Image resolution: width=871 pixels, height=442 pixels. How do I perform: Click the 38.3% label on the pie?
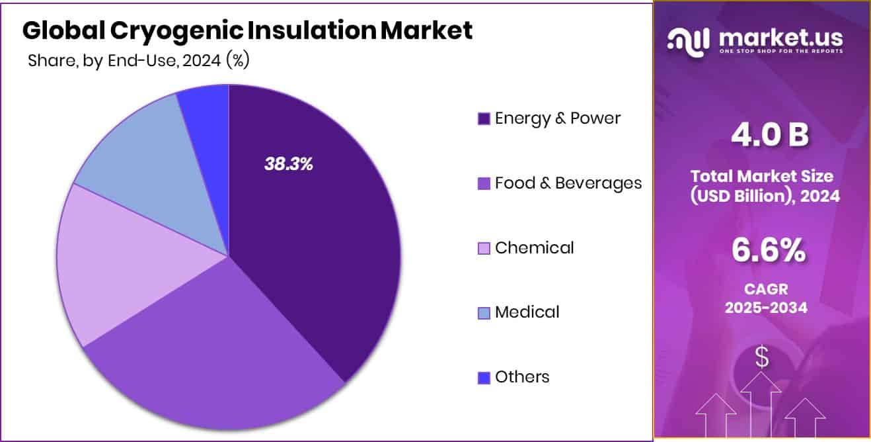coord(288,164)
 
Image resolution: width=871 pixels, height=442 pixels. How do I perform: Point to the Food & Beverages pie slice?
coord(211,351)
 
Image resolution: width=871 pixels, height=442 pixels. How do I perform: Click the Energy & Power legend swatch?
coord(484,119)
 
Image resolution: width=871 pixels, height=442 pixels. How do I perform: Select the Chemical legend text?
coord(534,248)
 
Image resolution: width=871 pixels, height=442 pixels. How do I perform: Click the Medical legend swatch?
coord(484,313)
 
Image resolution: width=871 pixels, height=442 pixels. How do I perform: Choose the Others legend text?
coord(522,377)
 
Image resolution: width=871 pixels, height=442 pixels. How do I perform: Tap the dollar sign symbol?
coord(762,358)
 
